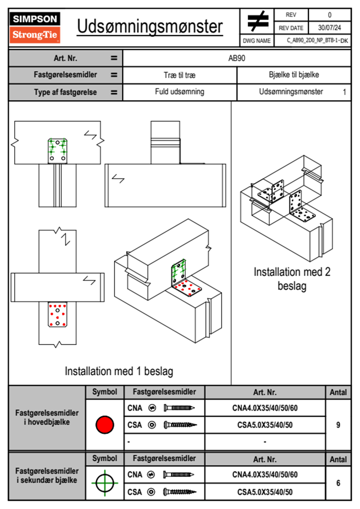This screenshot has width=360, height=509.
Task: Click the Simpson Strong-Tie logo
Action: point(35,28)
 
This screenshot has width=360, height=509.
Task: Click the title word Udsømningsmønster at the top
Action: point(150,27)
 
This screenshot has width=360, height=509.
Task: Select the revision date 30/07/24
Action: point(329,28)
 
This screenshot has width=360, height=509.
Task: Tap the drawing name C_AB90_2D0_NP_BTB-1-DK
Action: point(317,41)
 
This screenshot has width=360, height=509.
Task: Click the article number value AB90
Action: point(237,58)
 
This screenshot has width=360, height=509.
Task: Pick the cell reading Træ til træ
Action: point(180,75)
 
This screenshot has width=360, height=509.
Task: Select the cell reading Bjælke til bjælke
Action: point(294,75)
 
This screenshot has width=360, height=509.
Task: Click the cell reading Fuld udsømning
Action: point(180,92)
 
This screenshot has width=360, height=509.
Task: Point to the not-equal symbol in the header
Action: point(257,21)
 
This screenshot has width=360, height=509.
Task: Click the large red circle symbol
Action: point(105,425)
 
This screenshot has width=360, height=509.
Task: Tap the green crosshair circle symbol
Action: point(105,483)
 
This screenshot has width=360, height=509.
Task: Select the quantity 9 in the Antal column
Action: point(338,425)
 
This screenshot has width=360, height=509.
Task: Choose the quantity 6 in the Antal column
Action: point(338,483)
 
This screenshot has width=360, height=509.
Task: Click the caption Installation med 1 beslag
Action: point(119,371)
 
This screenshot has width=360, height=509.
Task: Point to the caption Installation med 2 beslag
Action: point(292,279)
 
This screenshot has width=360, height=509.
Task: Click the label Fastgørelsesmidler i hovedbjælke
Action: point(47,417)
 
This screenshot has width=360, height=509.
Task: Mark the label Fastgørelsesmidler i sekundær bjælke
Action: point(47,475)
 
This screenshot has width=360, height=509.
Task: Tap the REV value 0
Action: point(329,15)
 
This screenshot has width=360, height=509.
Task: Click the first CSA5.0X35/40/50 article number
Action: point(265,425)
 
